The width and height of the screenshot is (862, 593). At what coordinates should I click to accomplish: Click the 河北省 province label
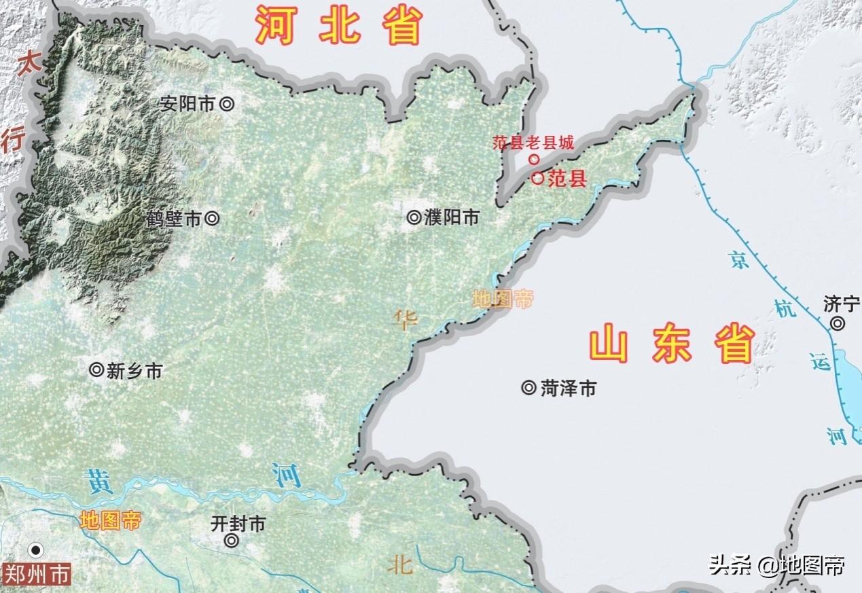pyautogui.click(x=339, y=26)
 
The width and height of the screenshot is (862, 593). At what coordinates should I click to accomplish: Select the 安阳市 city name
pyautogui.click(x=187, y=104)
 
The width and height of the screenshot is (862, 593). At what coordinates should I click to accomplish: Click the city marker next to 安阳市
pyautogui.click(x=228, y=104)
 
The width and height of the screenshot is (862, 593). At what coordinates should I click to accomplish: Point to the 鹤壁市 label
pyautogui.click(x=174, y=219)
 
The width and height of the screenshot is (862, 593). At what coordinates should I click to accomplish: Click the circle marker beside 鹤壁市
pyautogui.click(x=212, y=219)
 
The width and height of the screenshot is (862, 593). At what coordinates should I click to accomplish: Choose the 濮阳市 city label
pyautogui.click(x=452, y=217)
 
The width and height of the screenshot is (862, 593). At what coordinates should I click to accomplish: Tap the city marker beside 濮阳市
pyautogui.click(x=414, y=217)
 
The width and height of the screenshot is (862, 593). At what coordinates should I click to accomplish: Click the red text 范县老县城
pyautogui.click(x=533, y=143)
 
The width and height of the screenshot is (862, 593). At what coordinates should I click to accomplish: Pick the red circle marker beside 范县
pyautogui.click(x=538, y=179)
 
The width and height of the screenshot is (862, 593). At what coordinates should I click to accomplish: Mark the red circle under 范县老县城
pyautogui.click(x=534, y=160)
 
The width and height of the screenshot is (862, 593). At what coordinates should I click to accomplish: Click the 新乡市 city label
pyautogui.click(x=134, y=371)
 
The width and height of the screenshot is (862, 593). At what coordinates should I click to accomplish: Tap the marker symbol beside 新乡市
pyautogui.click(x=96, y=370)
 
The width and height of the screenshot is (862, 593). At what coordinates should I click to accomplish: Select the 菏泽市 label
pyautogui.click(x=569, y=388)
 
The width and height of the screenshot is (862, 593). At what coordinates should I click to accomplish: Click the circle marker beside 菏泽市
pyautogui.click(x=528, y=388)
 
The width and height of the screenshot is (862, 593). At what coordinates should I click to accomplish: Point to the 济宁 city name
pyautogui.click(x=841, y=304)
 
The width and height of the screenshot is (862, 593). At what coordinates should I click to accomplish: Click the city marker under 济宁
pyautogui.click(x=838, y=324)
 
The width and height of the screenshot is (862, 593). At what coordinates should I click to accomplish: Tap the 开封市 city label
pyautogui.click(x=238, y=524)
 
